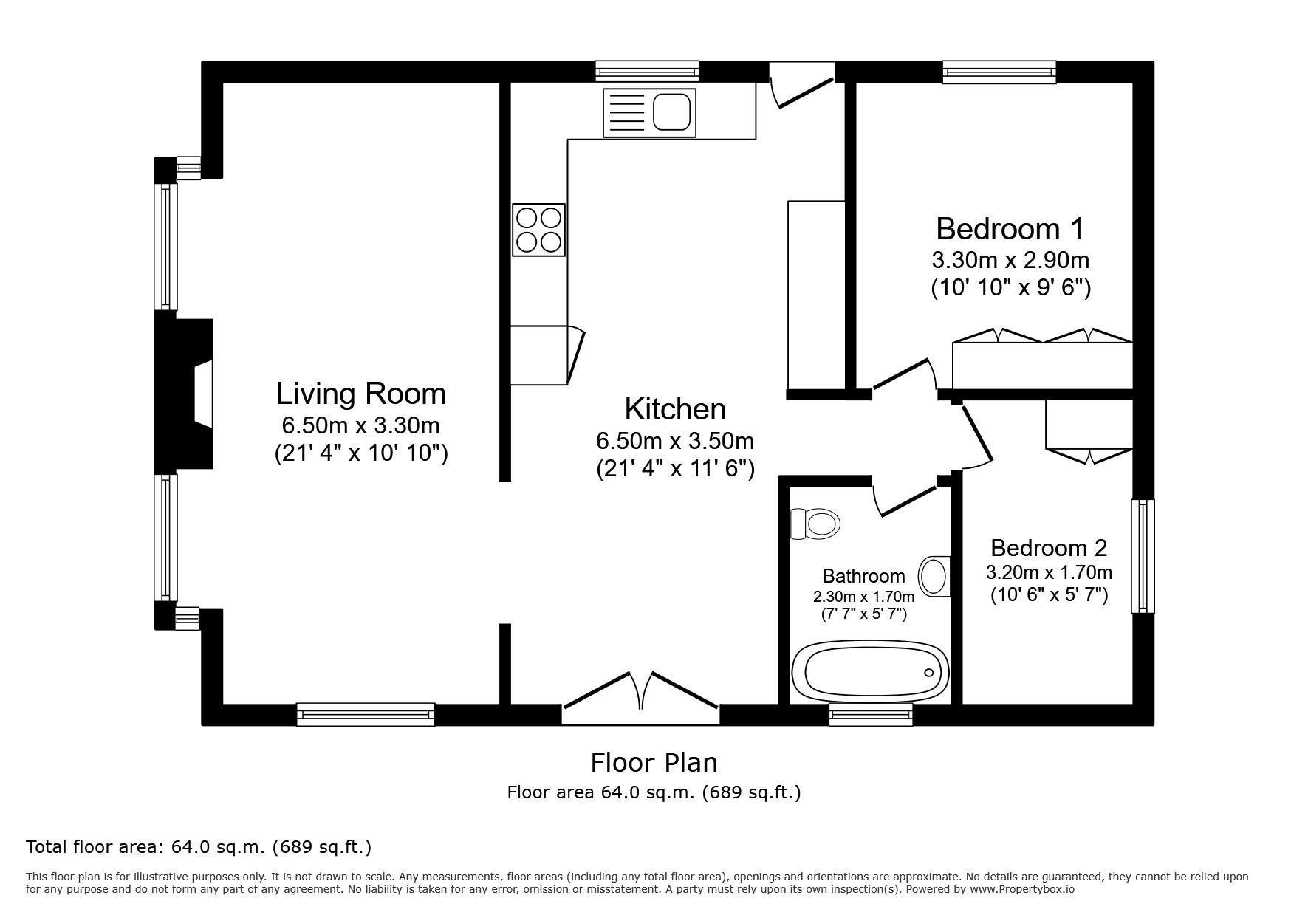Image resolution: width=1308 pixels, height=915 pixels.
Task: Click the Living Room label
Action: click(x=361, y=394)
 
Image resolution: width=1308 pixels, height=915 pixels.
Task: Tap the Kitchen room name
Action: click(x=675, y=408)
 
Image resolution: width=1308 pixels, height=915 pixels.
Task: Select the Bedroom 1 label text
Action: click(x=1010, y=229)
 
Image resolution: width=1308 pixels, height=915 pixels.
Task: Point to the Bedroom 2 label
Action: click(x=1049, y=548)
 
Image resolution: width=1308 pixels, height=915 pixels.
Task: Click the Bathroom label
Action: click(x=863, y=576)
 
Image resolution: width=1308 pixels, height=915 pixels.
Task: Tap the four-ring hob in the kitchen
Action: click(x=539, y=230)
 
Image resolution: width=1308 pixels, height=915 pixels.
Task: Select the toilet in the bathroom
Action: click(x=815, y=524)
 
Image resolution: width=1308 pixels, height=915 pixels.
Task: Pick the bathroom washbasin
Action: click(x=935, y=575)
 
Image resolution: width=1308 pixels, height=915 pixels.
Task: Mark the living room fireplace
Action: click(x=184, y=391)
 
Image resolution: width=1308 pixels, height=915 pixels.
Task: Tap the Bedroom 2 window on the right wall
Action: click(x=1143, y=556)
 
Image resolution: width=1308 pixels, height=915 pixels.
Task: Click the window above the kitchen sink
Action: click(x=647, y=72)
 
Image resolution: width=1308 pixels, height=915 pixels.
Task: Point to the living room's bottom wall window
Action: click(x=366, y=714)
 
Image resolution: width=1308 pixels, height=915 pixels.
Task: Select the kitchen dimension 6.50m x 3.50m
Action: click(x=675, y=441)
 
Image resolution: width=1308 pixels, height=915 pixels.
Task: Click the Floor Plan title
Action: click(x=654, y=762)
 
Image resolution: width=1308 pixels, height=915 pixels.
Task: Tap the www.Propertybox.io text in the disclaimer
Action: click(x=1021, y=889)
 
